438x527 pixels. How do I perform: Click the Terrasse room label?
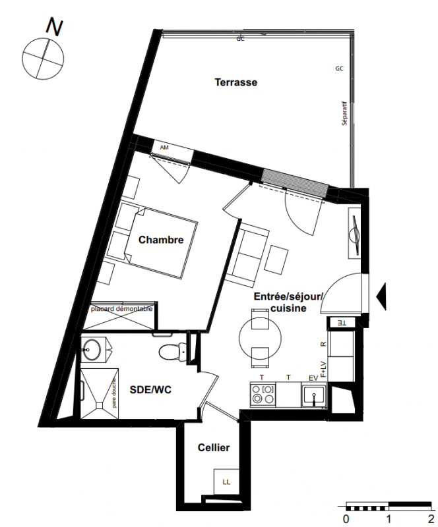click(236, 82)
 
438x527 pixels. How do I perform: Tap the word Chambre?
click(161, 240)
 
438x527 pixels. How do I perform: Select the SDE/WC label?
click(150, 389)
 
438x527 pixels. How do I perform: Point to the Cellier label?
click(214, 448)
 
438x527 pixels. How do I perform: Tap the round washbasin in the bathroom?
click(90, 350)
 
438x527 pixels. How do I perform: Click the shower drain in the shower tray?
click(100, 406)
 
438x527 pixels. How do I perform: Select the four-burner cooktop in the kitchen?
click(264, 395)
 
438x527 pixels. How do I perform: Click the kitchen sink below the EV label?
click(314, 395)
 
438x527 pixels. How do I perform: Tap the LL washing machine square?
click(226, 482)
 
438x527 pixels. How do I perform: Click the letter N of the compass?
click(55, 26)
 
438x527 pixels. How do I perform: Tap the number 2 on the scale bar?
click(431, 518)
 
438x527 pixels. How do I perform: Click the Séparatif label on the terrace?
click(344, 113)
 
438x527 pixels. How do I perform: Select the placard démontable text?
click(121, 309)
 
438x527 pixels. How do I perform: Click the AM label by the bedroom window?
click(164, 148)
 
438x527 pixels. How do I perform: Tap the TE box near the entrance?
click(342, 323)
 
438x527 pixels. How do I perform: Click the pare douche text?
click(115, 393)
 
